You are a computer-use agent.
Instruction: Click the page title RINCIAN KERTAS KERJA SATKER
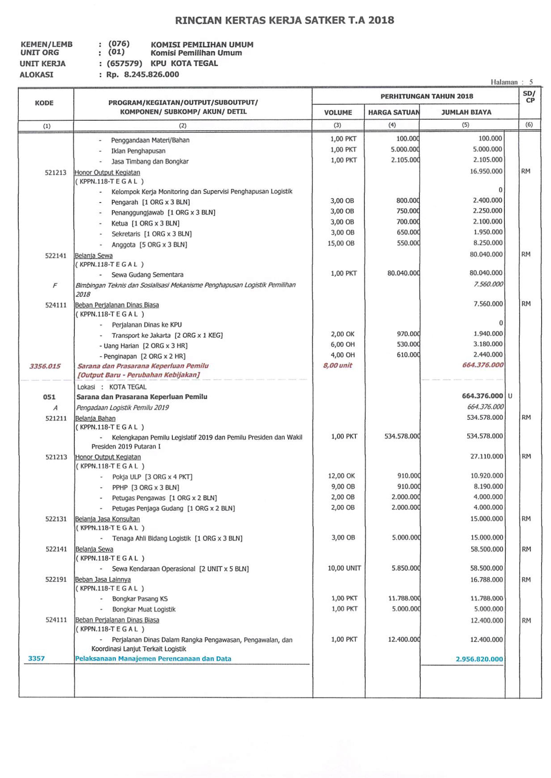point(284,20)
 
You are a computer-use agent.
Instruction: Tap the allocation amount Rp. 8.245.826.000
point(143,74)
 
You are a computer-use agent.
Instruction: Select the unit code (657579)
point(124,63)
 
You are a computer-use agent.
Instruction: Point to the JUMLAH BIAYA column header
point(466,112)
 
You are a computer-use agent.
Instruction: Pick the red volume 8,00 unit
point(337,365)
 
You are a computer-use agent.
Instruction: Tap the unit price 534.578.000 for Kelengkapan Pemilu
point(402,436)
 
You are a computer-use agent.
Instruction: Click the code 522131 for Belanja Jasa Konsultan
point(56,519)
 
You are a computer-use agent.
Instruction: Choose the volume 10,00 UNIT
point(344,568)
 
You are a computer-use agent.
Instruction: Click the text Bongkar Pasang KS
point(140,599)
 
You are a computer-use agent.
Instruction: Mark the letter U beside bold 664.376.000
point(510,396)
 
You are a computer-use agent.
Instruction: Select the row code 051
point(49,397)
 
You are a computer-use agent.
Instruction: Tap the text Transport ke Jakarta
point(141,336)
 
